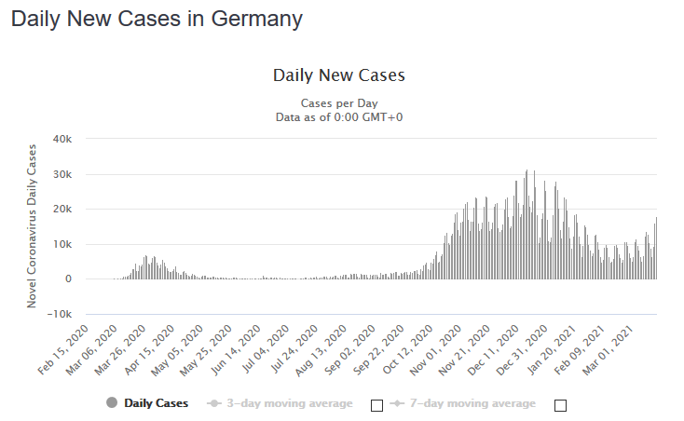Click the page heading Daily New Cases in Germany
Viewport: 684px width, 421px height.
[157, 20]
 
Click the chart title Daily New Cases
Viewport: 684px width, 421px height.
[338, 75]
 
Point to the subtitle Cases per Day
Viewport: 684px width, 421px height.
[338, 102]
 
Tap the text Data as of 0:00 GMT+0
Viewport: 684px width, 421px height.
[338, 117]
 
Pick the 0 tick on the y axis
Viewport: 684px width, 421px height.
[68, 278]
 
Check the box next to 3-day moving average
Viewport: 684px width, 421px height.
[376, 405]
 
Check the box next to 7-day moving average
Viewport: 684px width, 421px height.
[560, 405]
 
